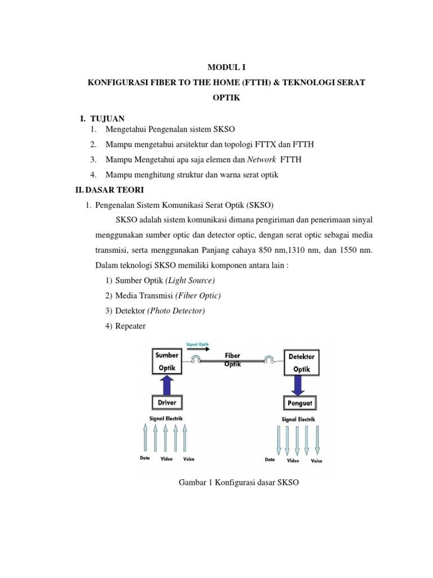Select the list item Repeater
[x=130, y=326]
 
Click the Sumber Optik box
[x=167, y=362]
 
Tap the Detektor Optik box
[x=302, y=363]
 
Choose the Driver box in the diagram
[x=166, y=403]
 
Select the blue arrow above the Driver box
[x=167, y=385]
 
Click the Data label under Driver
[x=145, y=458]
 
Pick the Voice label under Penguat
[x=317, y=461]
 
